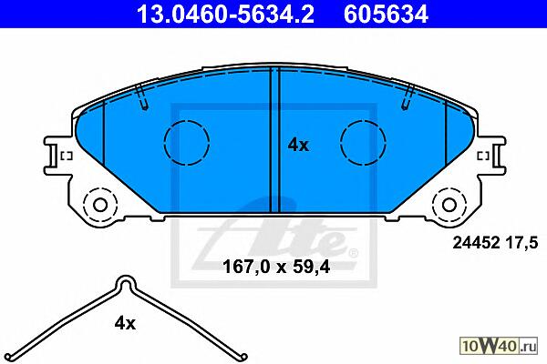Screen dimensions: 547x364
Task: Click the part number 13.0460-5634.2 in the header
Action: (x=225, y=15)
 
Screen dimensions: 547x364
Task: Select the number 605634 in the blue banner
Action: (x=386, y=15)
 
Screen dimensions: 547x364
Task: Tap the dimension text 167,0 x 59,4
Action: (x=276, y=268)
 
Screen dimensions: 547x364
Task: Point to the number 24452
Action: (x=476, y=242)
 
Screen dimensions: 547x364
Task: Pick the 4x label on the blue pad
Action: (x=298, y=145)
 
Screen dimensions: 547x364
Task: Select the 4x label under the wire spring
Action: (x=125, y=324)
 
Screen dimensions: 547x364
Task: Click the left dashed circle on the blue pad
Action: (x=187, y=143)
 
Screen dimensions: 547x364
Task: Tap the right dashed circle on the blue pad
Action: (x=363, y=143)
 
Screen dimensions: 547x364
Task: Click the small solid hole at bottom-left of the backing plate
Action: (x=100, y=205)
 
